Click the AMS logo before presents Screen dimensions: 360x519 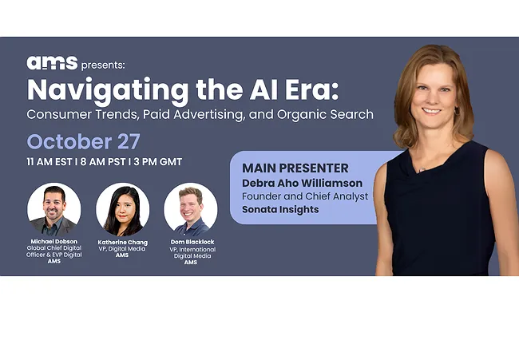(x=52, y=63)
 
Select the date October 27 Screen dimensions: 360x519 (x=83, y=142)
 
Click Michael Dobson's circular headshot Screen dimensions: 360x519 (x=53, y=209)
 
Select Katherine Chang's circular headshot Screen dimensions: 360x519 (x=122, y=209)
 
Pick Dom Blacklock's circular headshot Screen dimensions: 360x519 (x=191, y=209)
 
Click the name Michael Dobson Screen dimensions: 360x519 (x=53, y=242)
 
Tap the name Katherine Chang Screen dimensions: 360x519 (x=122, y=242)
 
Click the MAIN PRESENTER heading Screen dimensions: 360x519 (x=295, y=168)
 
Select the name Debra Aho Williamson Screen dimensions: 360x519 (x=302, y=184)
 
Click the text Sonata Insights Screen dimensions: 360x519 (x=280, y=210)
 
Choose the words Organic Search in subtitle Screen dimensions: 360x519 (x=327, y=114)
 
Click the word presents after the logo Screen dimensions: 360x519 (x=103, y=64)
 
